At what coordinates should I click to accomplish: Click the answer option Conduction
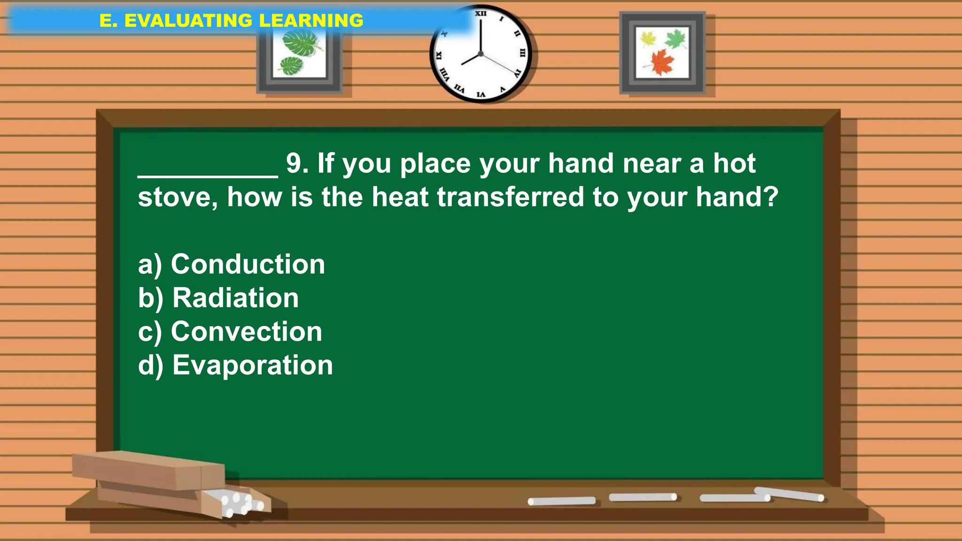[231, 264]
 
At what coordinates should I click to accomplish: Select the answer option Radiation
[218, 298]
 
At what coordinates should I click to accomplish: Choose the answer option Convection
[230, 332]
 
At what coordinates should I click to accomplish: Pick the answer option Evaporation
[235, 365]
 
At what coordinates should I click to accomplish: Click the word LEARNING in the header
[311, 21]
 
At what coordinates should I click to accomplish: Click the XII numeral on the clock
[481, 14]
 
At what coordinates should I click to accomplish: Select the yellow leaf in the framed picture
[648, 39]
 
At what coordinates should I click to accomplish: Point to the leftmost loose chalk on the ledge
[561, 501]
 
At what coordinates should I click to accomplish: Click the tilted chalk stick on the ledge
[789, 494]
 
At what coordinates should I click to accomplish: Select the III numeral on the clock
[522, 53]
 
